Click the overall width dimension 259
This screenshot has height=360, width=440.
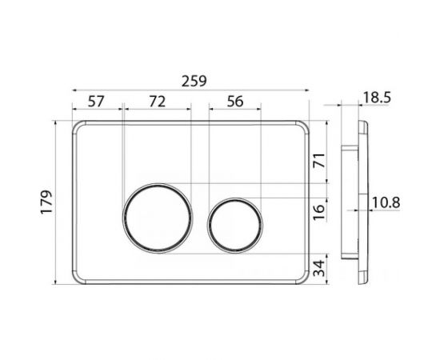(x=194, y=81)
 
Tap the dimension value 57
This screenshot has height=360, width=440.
(x=96, y=102)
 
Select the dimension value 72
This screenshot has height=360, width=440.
(x=157, y=102)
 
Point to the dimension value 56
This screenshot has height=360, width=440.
(x=235, y=102)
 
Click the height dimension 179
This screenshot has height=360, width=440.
(x=46, y=202)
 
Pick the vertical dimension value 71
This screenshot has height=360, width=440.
(x=319, y=160)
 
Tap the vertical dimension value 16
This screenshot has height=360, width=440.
(x=319, y=213)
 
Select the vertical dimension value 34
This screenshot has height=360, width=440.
(x=319, y=269)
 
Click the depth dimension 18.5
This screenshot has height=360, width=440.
(x=377, y=98)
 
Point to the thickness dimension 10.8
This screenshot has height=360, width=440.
(x=386, y=202)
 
